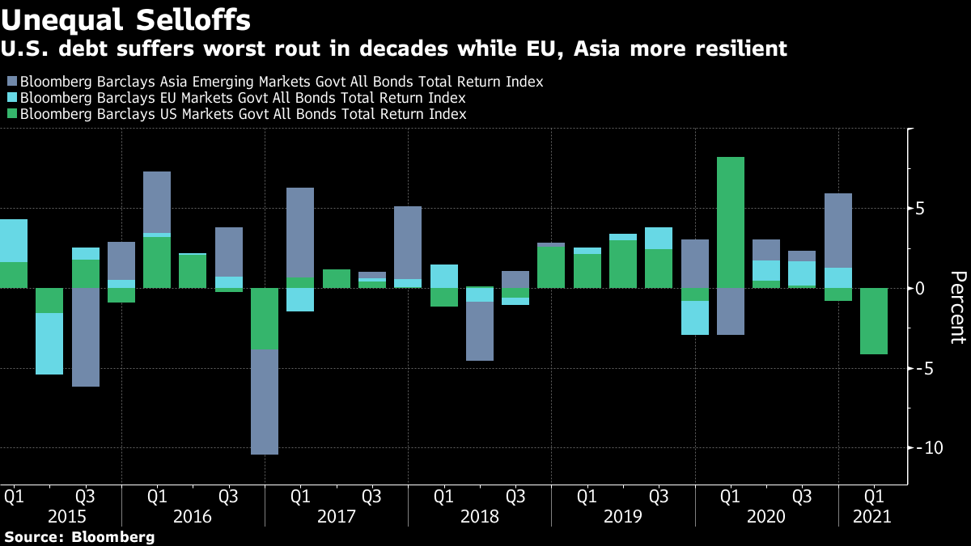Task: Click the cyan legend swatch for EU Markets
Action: click(x=11, y=98)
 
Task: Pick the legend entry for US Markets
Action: click(x=243, y=114)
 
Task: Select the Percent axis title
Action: click(x=956, y=307)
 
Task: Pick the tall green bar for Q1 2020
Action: click(x=731, y=222)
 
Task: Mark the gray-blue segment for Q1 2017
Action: click(x=300, y=233)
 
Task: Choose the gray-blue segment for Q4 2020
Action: click(x=838, y=231)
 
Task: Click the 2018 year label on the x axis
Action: click(x=479, y=516)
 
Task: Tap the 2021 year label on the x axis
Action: click(x=872, y=516)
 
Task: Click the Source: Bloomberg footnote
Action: click(x=78, y=536)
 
